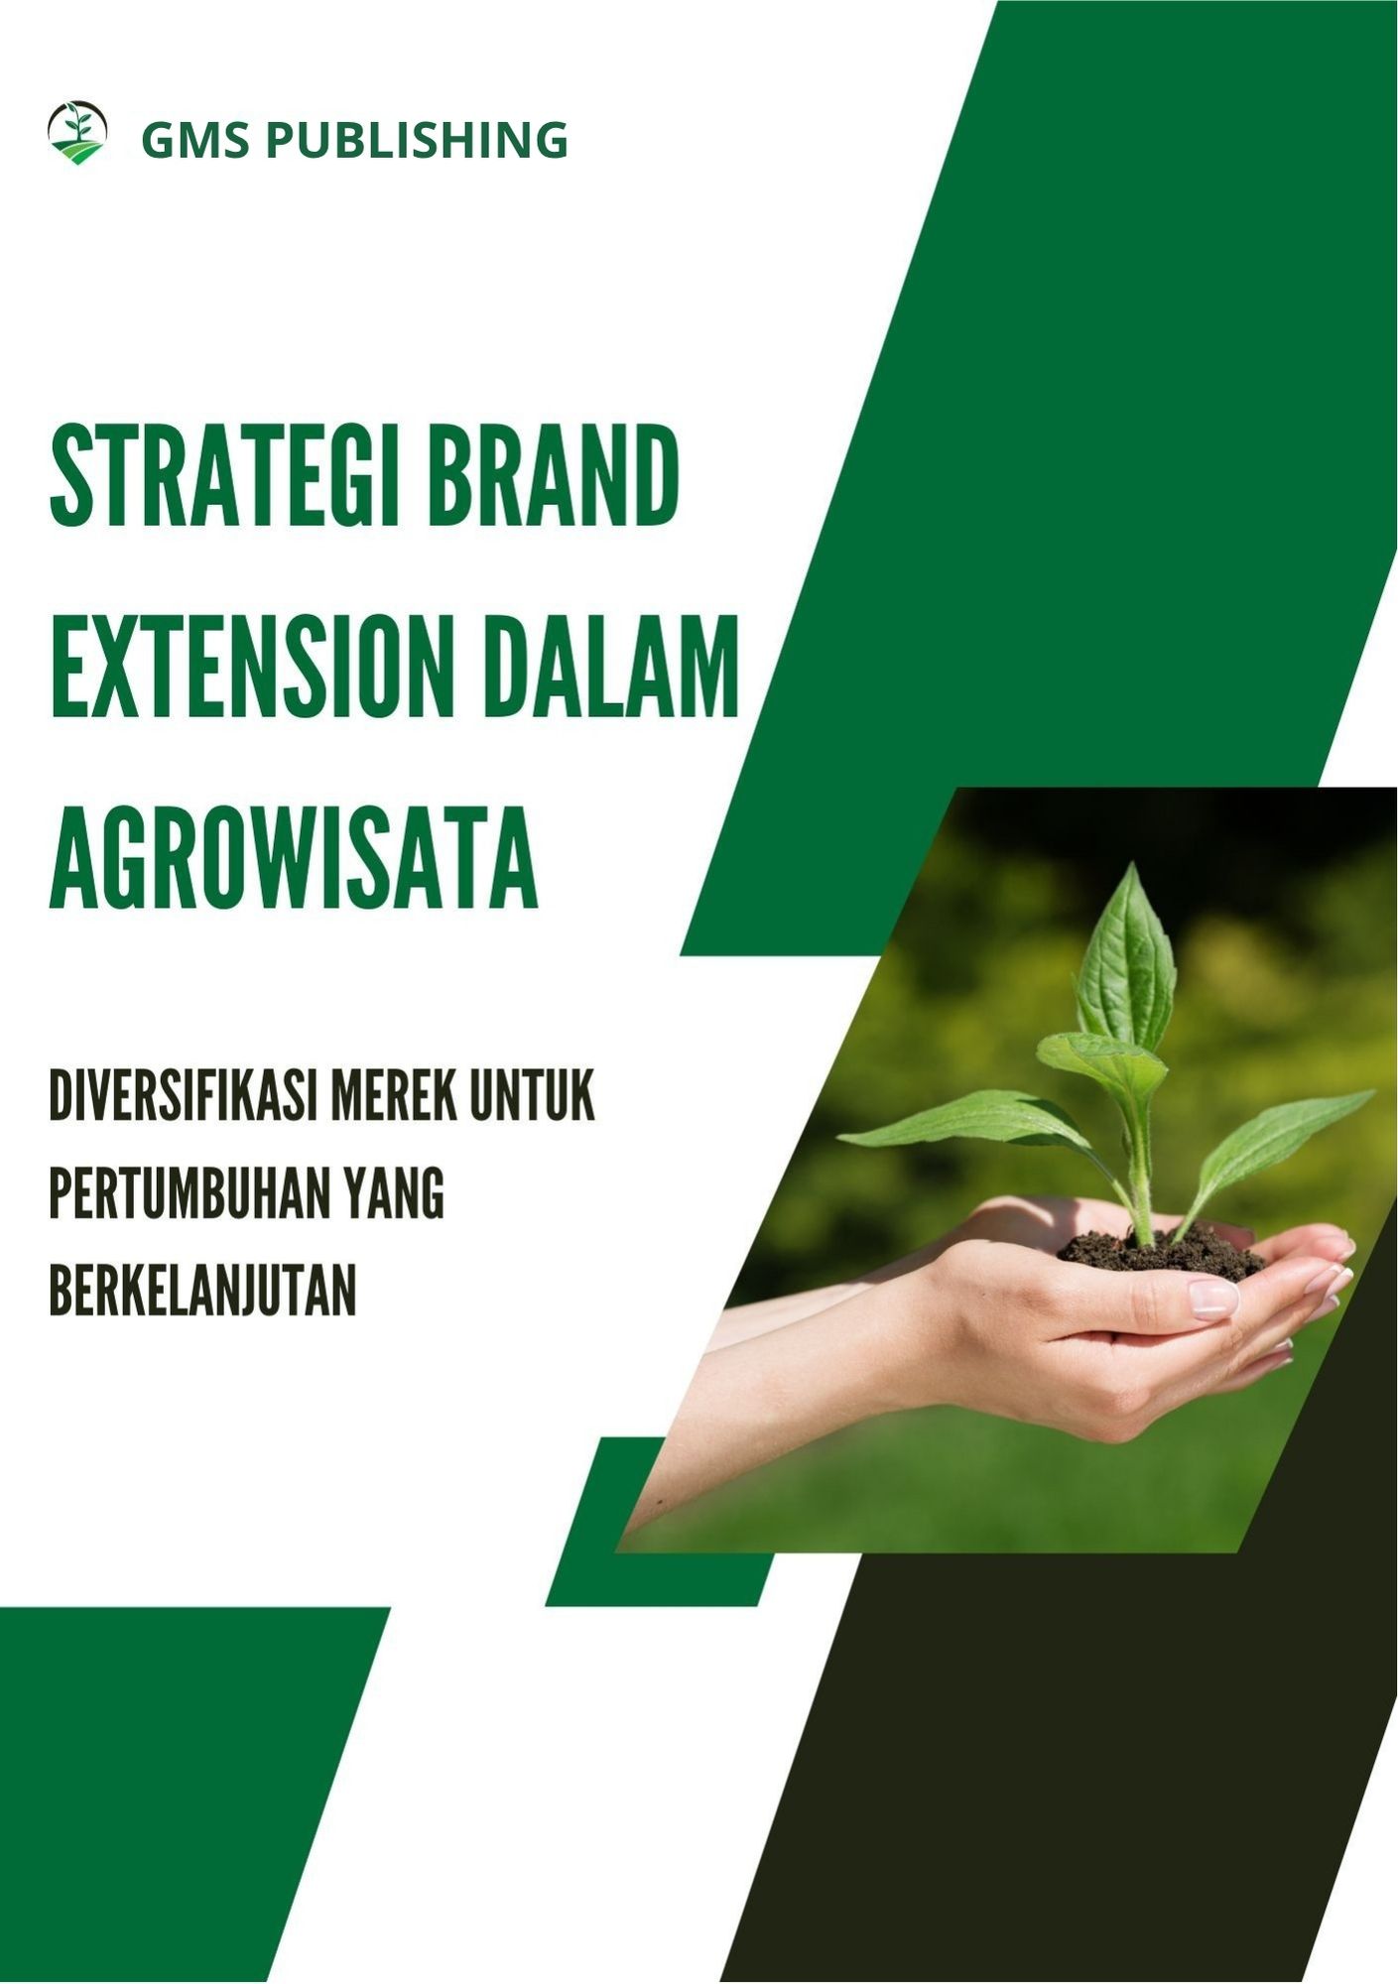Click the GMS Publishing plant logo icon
coord(77,133)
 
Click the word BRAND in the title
coord(554,475)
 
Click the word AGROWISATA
coord(294,857)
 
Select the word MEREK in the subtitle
coord(393,1098)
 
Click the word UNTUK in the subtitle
coord(532,1098)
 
